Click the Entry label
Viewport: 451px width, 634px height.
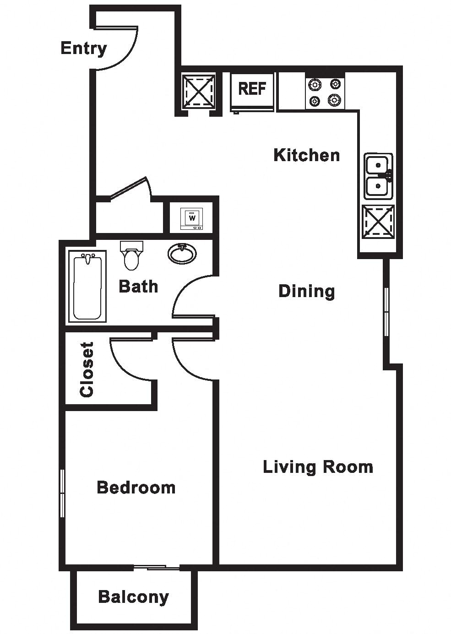point(83,49)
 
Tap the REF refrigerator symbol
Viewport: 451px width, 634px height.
point(252,92)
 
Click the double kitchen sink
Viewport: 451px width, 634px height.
point(378,176)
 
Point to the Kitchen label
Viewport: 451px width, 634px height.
point(307,155)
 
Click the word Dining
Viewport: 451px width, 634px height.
point(307,291)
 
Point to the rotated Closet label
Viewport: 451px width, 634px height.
point(87,370)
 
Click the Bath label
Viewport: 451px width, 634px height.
point(138,286)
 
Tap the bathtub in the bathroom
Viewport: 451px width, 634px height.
point(87,286)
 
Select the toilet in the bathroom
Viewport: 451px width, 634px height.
point(132,255)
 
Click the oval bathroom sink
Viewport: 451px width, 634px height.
point(183,253)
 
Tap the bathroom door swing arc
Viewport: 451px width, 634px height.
point(181,289)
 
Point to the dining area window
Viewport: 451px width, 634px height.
point(386,312)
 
